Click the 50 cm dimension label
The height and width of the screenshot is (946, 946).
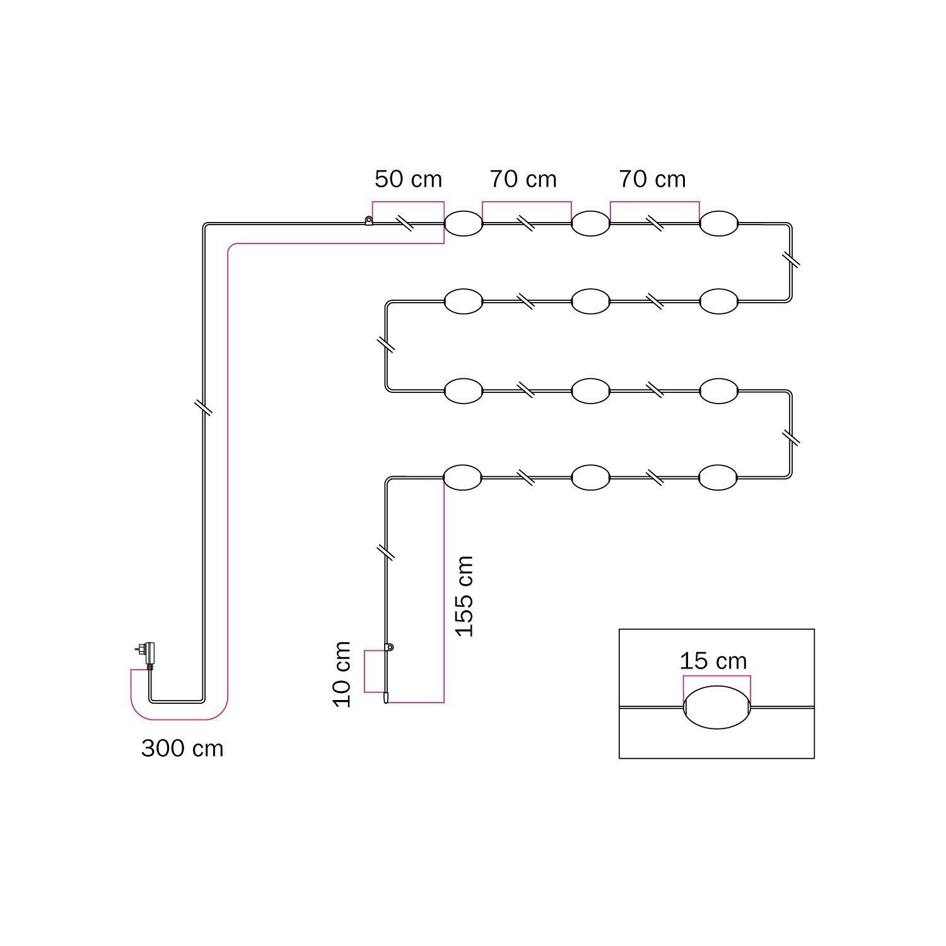(408, 179)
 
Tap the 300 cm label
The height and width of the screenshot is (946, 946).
(182, 749)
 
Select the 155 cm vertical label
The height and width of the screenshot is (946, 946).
(464, 597)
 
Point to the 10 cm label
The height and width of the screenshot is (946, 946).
(342, 674)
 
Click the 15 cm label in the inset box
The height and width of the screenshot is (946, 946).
(713, 661)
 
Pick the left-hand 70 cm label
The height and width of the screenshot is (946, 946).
(523, 179)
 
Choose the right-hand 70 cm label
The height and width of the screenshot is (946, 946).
(652, 179)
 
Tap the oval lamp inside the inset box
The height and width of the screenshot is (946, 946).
(716, 707)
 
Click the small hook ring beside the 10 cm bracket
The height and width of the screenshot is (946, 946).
(390, 647)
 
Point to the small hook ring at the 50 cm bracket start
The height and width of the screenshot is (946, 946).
(368, 220)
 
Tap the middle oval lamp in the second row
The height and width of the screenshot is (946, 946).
(590, 301)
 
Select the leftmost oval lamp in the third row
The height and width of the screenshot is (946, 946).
(464, 391)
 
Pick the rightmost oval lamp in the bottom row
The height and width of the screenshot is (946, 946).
(718, 477)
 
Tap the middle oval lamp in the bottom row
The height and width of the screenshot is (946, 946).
(590, 477)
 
